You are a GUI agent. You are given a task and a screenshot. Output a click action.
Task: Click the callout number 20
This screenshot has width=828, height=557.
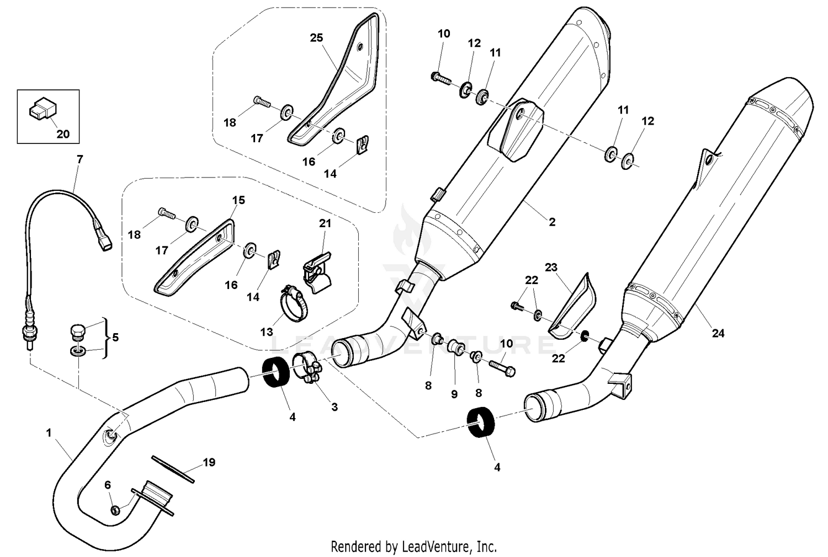coord(63,134)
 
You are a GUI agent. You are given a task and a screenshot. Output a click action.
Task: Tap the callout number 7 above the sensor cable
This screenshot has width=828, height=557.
coord(80,159)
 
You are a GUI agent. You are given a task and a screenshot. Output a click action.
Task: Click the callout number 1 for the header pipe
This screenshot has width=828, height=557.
coord(49,433)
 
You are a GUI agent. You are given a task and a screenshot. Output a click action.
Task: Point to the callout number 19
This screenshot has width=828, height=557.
coord(209,462)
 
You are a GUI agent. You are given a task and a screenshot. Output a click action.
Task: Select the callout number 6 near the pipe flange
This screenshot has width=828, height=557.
coord(108,485)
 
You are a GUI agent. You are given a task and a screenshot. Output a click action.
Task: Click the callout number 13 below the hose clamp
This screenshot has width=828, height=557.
coord(267,332)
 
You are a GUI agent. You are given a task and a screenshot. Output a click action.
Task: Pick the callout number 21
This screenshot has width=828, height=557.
coord(325,223)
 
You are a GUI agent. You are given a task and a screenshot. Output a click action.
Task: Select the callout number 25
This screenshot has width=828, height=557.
coord(316,38)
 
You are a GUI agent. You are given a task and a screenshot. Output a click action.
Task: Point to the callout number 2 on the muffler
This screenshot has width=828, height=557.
coord(552,222)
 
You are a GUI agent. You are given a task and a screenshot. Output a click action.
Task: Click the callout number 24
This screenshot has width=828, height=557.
coord(718,333)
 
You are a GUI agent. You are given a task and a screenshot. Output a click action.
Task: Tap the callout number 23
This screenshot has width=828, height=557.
coord(551,267)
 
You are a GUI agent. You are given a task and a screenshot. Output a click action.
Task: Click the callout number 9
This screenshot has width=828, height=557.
coord(454,394)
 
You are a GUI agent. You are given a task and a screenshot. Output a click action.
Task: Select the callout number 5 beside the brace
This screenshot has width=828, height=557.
coord(115,337)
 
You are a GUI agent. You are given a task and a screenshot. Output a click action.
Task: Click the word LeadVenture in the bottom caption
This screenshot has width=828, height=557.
coord(436,547)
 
